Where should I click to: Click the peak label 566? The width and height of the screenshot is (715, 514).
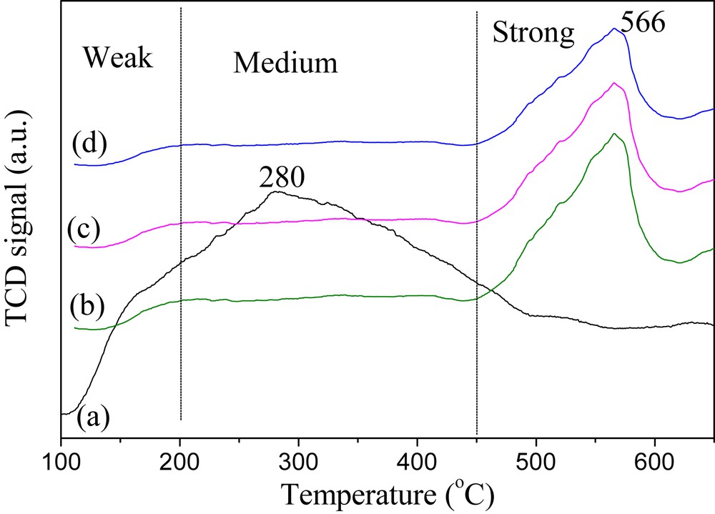(643, 24)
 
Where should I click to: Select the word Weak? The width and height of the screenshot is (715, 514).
(117, 58)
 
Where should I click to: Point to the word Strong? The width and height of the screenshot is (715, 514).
(533, 32)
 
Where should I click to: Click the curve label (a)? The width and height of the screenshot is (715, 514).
(93, 416)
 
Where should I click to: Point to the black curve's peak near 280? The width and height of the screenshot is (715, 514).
(275, 192)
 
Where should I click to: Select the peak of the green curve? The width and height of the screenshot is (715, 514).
(613, 134)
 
